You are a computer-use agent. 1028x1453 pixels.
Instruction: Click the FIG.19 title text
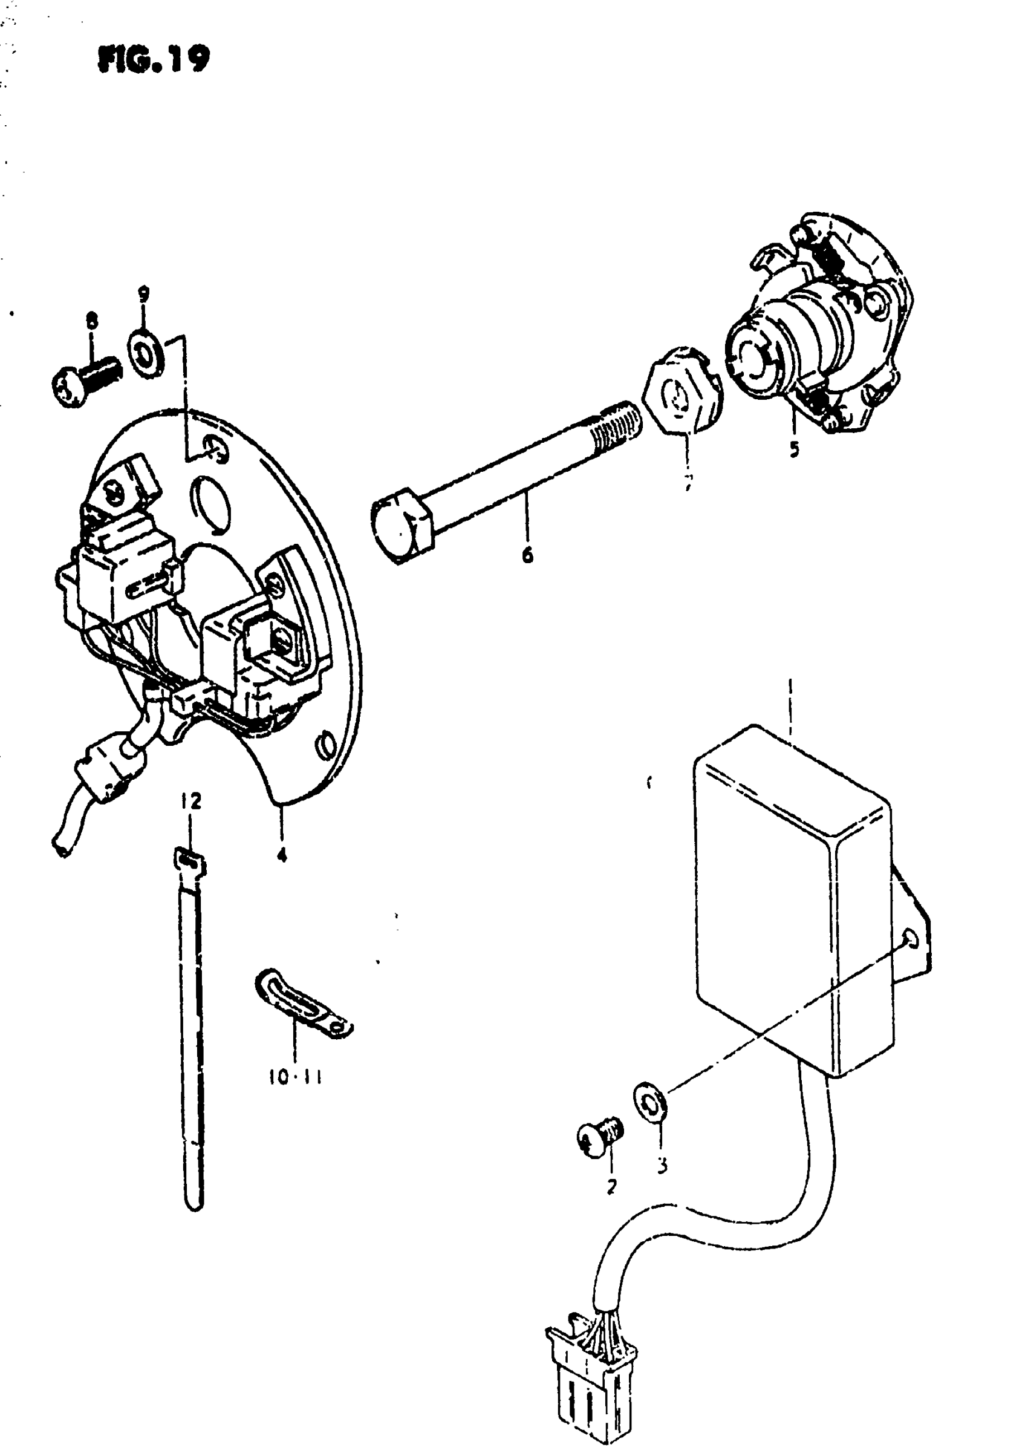coord(153,60)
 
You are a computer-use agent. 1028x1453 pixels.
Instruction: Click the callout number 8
coord(93,321)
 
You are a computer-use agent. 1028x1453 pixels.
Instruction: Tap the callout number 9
coord(145,295)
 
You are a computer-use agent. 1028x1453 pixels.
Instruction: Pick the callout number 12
coord(190,802)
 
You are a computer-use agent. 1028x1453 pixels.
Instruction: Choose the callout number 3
coord(662,1165)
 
